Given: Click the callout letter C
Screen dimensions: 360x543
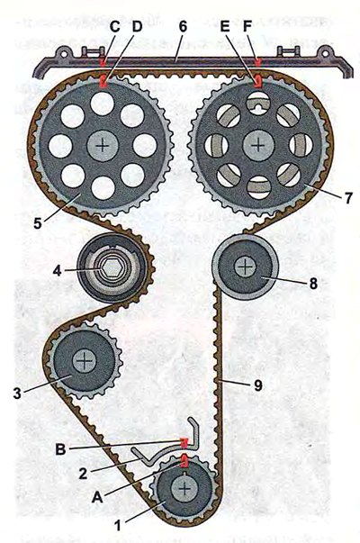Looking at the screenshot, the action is [114, 27].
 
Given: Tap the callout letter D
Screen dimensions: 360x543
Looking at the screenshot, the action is [137, 27].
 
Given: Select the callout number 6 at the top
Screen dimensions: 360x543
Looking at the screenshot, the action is [183, 27].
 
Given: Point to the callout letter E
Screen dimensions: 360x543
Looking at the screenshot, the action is [225, 27].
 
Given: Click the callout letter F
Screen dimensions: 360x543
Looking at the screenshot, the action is [247, 27].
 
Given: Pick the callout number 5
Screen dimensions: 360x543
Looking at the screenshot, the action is [37, 223].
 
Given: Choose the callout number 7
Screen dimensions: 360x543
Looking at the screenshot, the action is [347, 198].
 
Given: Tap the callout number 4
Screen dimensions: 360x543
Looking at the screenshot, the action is [58, 271].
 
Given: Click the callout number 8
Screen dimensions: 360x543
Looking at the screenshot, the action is [313, 284].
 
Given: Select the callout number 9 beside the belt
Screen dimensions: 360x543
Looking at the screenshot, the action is [258, 385].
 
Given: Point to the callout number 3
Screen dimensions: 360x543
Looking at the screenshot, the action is [17, 394].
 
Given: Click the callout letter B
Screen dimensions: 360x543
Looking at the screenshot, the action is [60, 449].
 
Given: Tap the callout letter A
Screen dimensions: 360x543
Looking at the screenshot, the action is [97, 498].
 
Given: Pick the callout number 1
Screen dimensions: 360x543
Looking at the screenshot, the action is [118, 525].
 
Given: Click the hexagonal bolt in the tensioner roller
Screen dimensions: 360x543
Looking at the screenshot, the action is [110, 268].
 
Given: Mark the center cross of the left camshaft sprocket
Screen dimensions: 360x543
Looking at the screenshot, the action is [103, 146].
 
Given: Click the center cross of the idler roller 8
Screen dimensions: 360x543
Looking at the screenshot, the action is [245, 267].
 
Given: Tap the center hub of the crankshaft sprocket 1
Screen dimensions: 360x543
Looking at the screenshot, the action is [184, 489].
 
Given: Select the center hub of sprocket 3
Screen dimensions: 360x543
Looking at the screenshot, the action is [85, 361].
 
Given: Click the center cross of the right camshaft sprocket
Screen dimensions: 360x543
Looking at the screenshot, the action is [258, 145].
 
